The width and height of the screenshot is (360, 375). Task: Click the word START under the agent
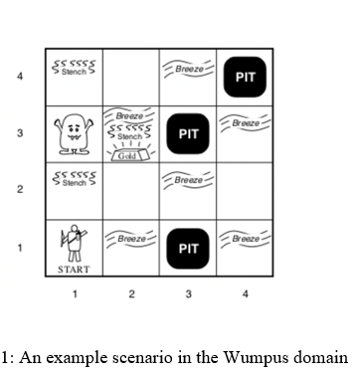point(74,269)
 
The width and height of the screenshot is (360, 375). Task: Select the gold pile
point(130,152)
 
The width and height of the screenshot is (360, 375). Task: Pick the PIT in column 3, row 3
point(188,133)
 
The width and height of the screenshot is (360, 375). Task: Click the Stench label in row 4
point(74,71)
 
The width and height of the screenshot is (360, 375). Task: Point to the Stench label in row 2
point(74,183)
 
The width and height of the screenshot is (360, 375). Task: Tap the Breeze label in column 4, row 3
point(245,123)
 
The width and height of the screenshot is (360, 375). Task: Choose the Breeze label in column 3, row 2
point(188,181)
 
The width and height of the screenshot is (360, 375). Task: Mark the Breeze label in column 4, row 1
point(245,239)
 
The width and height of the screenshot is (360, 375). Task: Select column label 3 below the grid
point(188,295)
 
